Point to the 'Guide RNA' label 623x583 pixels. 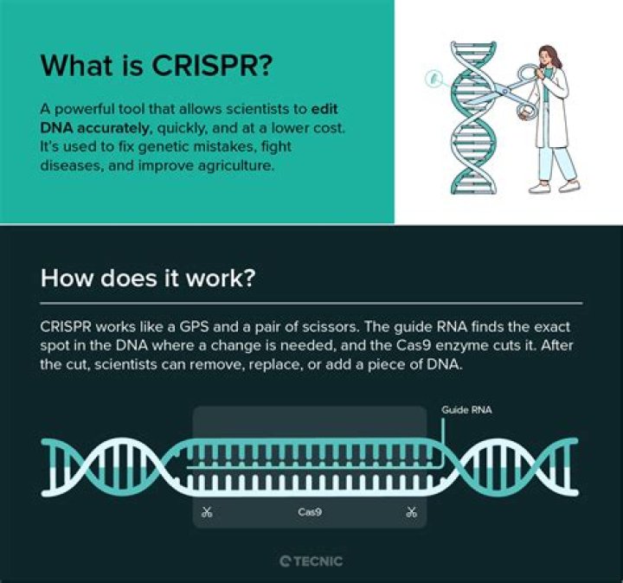click(x=466, y=409)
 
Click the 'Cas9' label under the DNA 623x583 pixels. click(x=311, y=512)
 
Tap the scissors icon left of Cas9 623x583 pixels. click(x=207, y=512)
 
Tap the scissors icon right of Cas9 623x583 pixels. click(x=411, y=512)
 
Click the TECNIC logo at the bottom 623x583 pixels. click(x=311, y=561)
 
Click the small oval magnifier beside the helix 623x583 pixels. click(x=427, y=80)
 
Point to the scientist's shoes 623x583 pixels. click(x=554, y=184)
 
